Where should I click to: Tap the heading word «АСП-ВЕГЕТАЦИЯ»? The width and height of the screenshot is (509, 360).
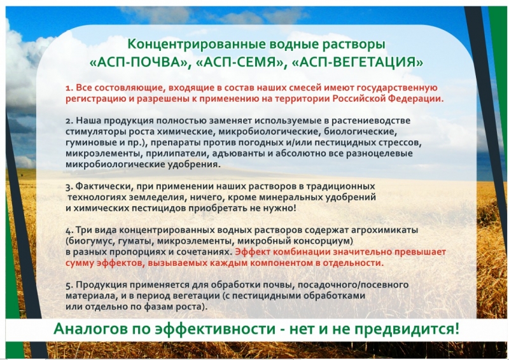tap(358, 62)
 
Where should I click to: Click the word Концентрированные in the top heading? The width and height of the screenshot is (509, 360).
tap(193, 45)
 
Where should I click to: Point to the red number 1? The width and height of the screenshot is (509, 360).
tap(69, 88)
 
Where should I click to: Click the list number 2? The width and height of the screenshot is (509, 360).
tap(69, 121)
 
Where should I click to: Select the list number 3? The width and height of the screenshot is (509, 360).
tap(69, 187)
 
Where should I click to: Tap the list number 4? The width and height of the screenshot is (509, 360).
tap(69, 231)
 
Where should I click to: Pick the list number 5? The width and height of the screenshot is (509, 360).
tap(69, 286)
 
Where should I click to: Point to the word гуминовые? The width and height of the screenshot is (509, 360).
tap(87, 143)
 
